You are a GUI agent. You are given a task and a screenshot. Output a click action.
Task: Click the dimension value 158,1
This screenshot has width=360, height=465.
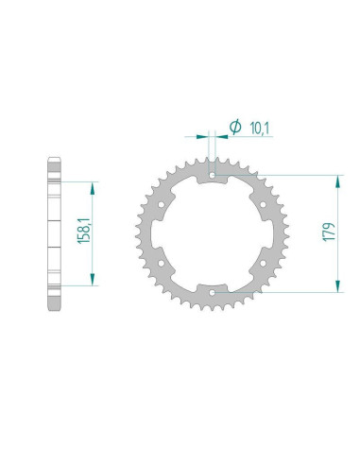[84, 231]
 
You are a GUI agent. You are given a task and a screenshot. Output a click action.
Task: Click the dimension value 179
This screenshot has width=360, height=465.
[329, 232]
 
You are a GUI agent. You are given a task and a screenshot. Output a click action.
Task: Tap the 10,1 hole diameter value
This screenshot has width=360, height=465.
[259, 129]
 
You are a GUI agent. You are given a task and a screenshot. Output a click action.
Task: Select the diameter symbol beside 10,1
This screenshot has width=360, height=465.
[235, 127]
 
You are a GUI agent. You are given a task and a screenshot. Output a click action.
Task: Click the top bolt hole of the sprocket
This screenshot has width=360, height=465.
[213, 175]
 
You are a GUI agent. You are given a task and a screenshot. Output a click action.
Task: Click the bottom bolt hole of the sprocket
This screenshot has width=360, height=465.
[213, 293]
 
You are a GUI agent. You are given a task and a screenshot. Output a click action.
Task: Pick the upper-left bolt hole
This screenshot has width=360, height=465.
[162, 205]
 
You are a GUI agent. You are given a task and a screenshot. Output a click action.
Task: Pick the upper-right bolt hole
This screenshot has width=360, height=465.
[263, 205]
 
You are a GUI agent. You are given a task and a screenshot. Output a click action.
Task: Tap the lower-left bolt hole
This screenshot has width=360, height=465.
[162, 263]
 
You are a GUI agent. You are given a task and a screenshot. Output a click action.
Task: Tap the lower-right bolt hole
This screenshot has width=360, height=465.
[263, 263]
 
